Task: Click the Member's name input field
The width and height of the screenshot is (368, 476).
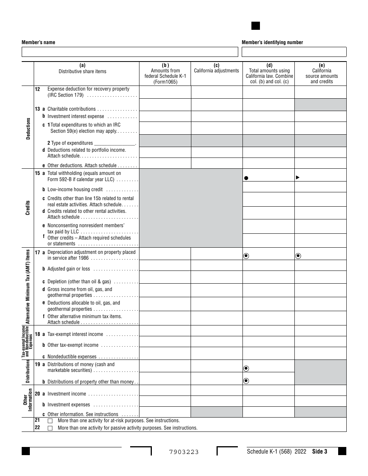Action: point(130,52)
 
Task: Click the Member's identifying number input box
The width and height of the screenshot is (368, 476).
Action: point(294,52)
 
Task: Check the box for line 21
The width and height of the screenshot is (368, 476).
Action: point(50,421)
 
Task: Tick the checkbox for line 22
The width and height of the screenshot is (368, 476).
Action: point(50,428)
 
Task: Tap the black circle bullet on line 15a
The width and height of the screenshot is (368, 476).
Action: point(246,178)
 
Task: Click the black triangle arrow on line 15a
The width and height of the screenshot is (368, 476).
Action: point(298,177)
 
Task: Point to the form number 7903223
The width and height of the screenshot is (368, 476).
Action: point(184,452)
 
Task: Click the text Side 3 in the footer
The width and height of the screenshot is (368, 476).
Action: point(320,451)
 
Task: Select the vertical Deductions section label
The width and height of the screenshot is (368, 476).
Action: point(28,128)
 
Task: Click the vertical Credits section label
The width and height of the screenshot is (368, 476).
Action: point(28,208)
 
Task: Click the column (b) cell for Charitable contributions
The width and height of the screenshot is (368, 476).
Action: point(165,105)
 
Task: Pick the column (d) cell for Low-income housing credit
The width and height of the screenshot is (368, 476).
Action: point(268,187)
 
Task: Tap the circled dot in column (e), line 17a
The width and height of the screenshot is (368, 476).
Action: point(298,255)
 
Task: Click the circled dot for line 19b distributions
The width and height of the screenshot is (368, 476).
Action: point(246,381)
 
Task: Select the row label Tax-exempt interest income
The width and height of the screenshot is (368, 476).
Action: point(75,334)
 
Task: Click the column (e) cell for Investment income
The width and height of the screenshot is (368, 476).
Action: point(320,390)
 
